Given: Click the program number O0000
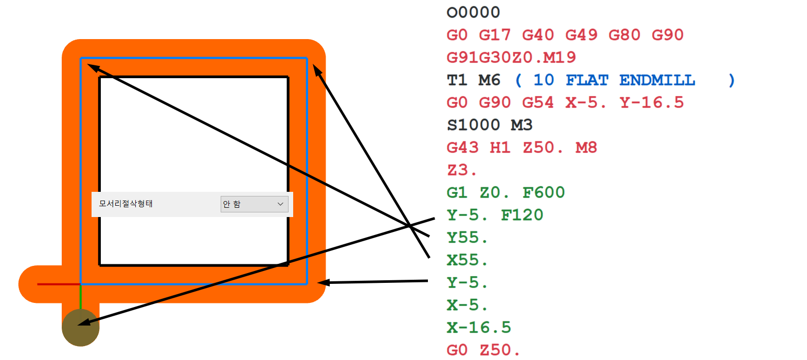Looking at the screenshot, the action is point(473,12).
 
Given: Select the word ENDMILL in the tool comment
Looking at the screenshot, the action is point(657,80).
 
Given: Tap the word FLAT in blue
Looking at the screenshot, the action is point(587,80).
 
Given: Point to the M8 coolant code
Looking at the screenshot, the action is point(586,148).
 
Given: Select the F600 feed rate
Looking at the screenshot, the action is point(544,193).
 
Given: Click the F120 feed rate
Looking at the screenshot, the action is point(522,215).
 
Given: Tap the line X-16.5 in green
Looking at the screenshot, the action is point(479,328).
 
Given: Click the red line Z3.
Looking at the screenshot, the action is point(461,170).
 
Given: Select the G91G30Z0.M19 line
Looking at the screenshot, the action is point(511,58).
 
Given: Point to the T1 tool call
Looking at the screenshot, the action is point(457,80).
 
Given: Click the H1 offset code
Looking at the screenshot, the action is point(500,148).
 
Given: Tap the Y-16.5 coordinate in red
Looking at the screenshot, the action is point(652,103).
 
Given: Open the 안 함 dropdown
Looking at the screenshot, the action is point(254,204).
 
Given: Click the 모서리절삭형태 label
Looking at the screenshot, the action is point(126,204).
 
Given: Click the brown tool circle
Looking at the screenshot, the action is point(81,328).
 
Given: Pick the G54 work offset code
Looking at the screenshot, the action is point(537,103).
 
